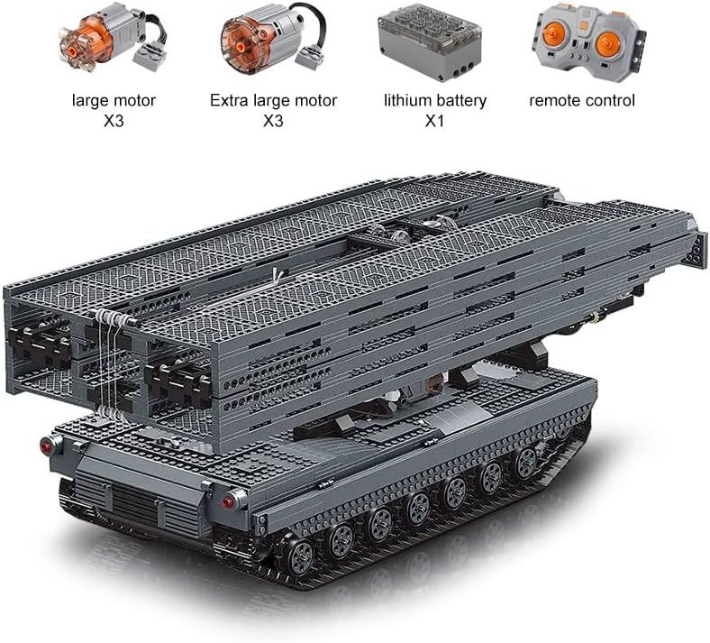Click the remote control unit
tap(589, 42)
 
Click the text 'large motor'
tap(114, 101)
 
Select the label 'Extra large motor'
tap(274, 101)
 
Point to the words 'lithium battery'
tap(435, 101)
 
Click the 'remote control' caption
tap(582, 101)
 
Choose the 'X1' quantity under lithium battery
tap(434, 122)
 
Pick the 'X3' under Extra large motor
tap(273, 122)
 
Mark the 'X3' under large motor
tap(114, 122)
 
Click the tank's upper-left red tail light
tap(47, 446)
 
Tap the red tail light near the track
tap(228, 501)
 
